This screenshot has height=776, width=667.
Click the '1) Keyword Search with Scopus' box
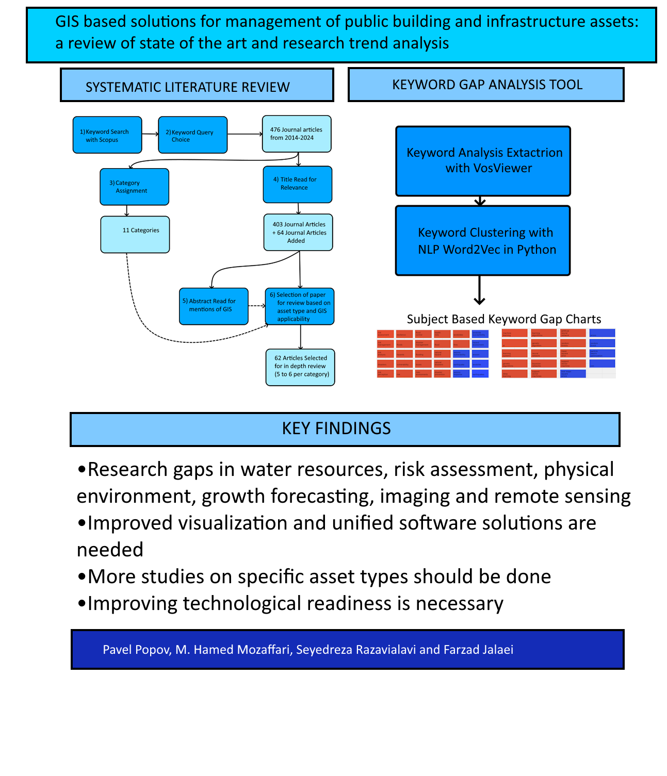coord(107,135)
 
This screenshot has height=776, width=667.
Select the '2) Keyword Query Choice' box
coord(192,135)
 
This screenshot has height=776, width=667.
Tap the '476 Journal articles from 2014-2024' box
coord(297,134)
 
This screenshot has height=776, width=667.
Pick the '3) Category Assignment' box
coord(134,187)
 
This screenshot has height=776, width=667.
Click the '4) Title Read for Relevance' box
coord(298,184)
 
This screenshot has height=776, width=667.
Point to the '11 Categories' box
coord(135,235)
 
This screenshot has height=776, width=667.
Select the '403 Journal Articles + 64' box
coord(298,233)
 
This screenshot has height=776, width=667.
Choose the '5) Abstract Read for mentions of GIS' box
coord(214,306)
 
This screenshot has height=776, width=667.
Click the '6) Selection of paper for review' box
coord(300,306)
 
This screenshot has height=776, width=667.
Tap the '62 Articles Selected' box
coord(300,367)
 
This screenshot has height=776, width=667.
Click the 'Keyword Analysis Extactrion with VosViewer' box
coord(483,161)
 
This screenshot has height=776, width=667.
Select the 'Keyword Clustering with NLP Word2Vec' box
coord(483,241)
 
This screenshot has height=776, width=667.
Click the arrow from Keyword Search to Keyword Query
coord(150,134)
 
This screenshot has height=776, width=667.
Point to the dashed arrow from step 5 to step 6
coord(256,306)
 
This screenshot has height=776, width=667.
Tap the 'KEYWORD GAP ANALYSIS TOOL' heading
coord(487,85)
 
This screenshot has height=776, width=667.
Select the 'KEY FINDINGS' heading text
coord(336,428)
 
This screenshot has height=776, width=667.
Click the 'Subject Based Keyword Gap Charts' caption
coord(504,319)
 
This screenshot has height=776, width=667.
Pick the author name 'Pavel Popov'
coord(136,650)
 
